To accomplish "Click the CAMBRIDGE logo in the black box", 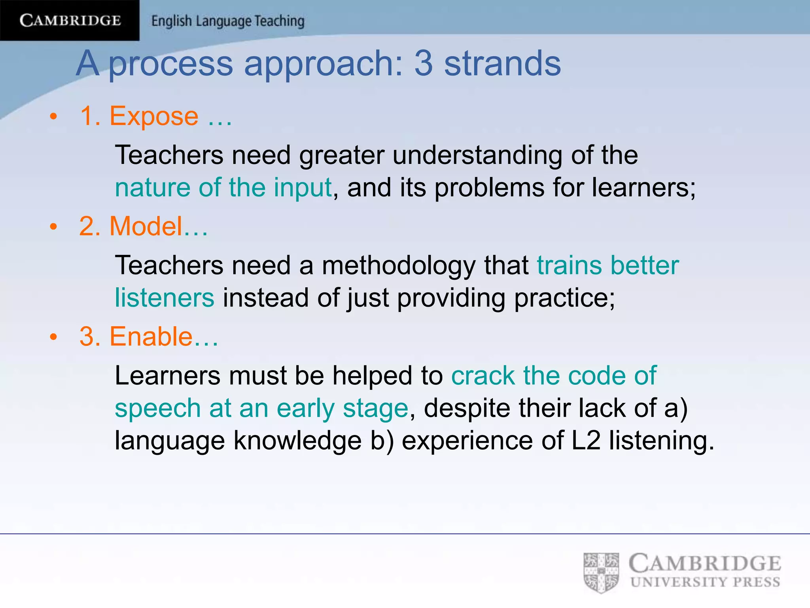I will coord(70,20).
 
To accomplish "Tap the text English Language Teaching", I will coord(228,21).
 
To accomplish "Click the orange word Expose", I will coord(153,116).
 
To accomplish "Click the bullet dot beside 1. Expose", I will coord(54,117).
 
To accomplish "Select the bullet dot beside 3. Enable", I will coord(54,337).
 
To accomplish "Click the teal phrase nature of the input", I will coord(223,187).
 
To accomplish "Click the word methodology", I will coord(399,265).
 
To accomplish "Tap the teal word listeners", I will coord(165,298).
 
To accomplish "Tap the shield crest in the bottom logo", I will coord(601,572).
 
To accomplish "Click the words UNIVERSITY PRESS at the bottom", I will coord(705,582).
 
